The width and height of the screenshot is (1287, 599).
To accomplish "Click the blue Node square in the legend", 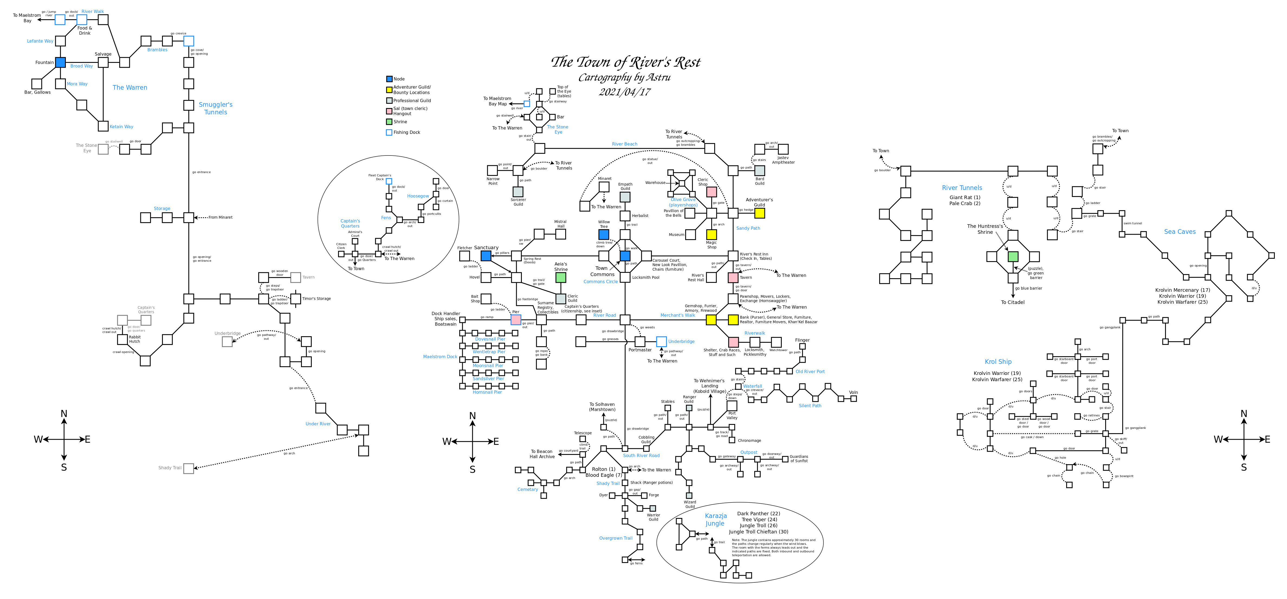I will tap(389, 79).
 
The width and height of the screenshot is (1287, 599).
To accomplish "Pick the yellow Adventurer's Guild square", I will tap(759, 213).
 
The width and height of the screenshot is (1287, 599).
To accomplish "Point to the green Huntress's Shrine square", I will tap(1013, 257).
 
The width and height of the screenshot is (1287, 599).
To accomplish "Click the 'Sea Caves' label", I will tap(1180, 232).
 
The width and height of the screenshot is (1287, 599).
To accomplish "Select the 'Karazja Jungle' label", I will tap(716, 520).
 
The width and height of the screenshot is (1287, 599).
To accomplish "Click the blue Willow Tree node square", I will tap(603, 234).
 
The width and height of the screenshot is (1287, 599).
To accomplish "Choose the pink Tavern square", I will tap(733, 277).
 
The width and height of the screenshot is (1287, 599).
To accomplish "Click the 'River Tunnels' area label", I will tap(962, 188).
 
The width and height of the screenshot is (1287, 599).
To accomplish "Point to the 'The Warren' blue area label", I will tap(130, 88).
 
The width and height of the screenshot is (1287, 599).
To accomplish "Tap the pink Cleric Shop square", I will tap(712, 192).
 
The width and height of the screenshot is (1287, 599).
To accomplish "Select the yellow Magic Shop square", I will tap(712, 234).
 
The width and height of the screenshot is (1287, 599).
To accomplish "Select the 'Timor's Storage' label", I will tap(316, 299).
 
